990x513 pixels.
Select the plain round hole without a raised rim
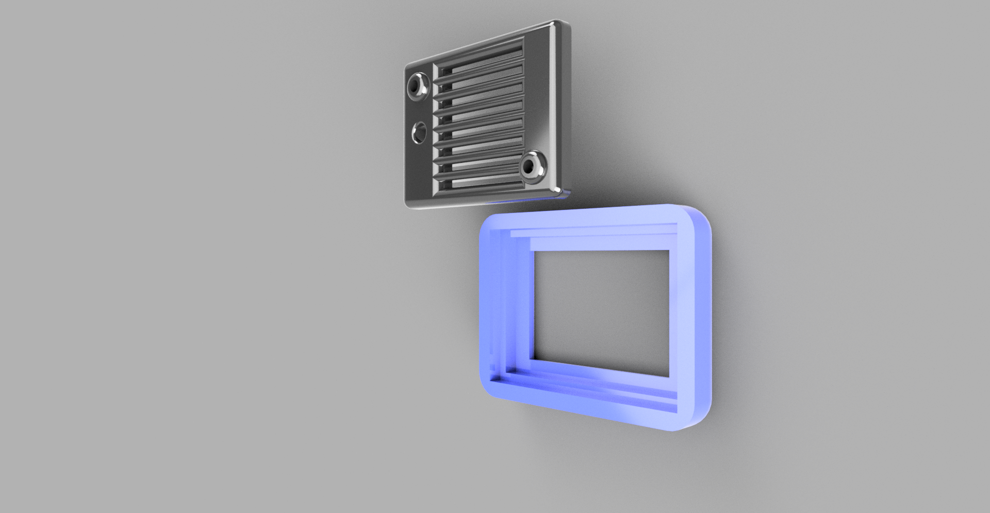[x=420, y=133]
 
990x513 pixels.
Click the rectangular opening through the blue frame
[x=601, y=304]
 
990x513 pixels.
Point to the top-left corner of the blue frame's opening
[x=535, y=251]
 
